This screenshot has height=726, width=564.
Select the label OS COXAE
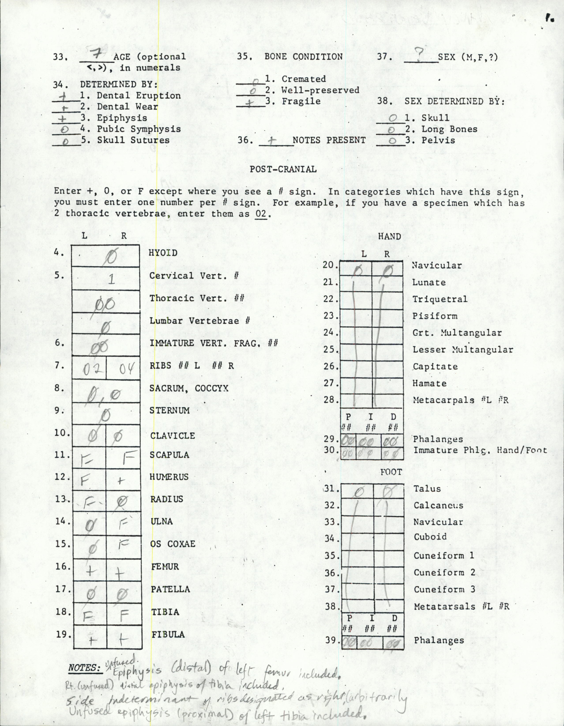pyautogui.click(x=173, y=544)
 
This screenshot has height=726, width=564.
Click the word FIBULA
pyautogui.click(x=168, y=634)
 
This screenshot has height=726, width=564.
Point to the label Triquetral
pyautogui.click(x=440, y=299)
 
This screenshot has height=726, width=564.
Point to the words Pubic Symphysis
pyautogui.click(x=139, y=129)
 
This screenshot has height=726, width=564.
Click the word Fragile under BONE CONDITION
pyautogui.click(x=301, y=101)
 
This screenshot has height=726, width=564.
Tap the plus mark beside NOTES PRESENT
pyautogui.click(x=273, y=141)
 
